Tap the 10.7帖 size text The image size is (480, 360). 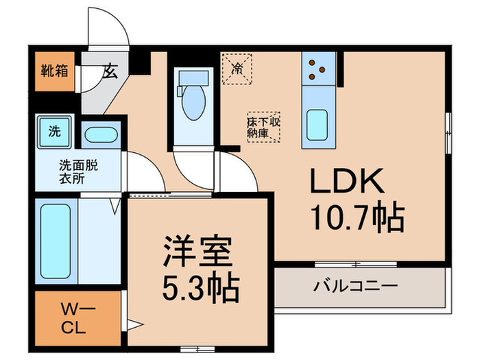click(358, 218)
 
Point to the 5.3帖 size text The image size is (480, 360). click(200, 289)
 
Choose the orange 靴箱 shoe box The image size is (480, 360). click(53, 71)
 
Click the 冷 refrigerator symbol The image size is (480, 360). click(237, 68)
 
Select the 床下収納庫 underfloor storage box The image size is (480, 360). click(265, 126)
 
